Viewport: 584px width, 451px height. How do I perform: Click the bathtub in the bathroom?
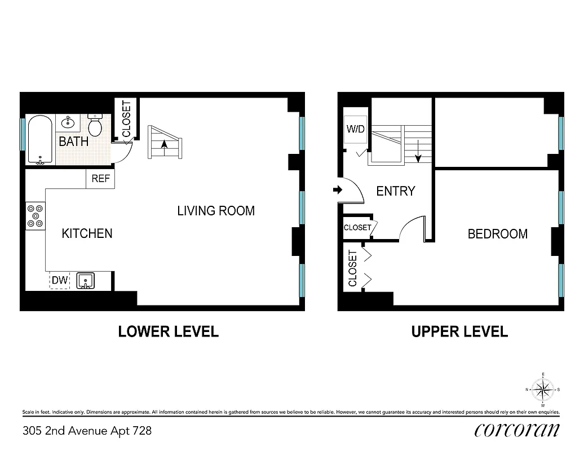40,139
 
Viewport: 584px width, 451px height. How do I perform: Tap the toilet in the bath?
95,126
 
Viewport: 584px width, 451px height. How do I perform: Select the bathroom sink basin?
69,122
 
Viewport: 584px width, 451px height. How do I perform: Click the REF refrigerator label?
100,180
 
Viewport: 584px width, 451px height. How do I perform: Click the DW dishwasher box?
60,280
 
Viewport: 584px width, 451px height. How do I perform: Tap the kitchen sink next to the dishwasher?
86,280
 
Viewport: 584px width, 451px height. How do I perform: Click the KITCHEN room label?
87,233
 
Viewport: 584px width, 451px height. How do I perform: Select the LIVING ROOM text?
216,211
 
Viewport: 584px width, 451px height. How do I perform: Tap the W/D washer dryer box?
355,130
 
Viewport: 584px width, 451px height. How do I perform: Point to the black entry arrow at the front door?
337,191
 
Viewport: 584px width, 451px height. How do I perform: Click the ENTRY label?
395,192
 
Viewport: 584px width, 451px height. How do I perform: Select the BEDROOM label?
498,234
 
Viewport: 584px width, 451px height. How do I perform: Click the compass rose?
542,389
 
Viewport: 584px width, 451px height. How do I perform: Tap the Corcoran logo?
517,430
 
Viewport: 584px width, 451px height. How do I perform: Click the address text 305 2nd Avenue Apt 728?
87,431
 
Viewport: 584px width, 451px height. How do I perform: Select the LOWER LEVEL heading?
168,331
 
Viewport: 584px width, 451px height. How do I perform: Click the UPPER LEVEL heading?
459,331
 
